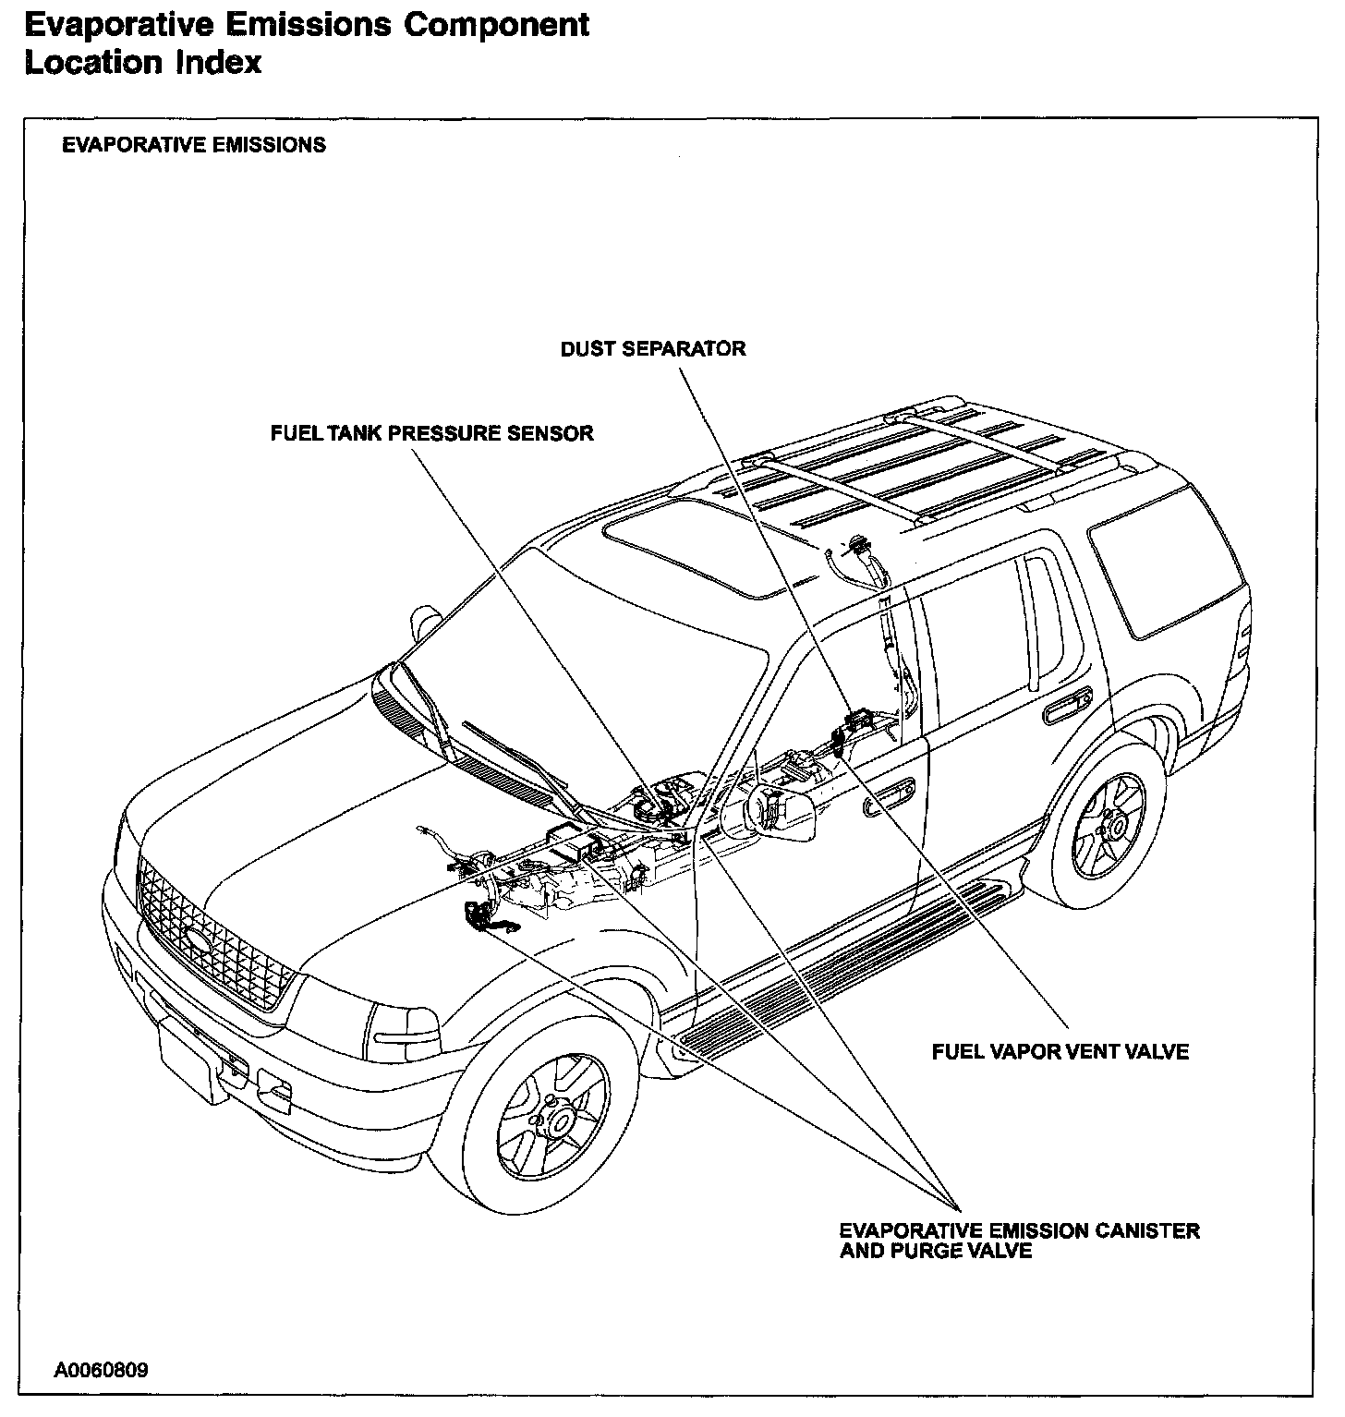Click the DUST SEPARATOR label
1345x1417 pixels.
[x=653, y=349]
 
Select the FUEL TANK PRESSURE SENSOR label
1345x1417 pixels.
[x=431, y=433]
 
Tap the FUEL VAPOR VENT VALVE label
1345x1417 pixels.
[x=1060, y=1051]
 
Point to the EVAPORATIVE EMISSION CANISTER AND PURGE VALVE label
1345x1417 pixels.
[x=1019, y=1241]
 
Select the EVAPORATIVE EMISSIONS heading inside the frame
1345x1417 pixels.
[x=193, y=145]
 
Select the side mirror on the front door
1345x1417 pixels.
[x=778, y=812]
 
